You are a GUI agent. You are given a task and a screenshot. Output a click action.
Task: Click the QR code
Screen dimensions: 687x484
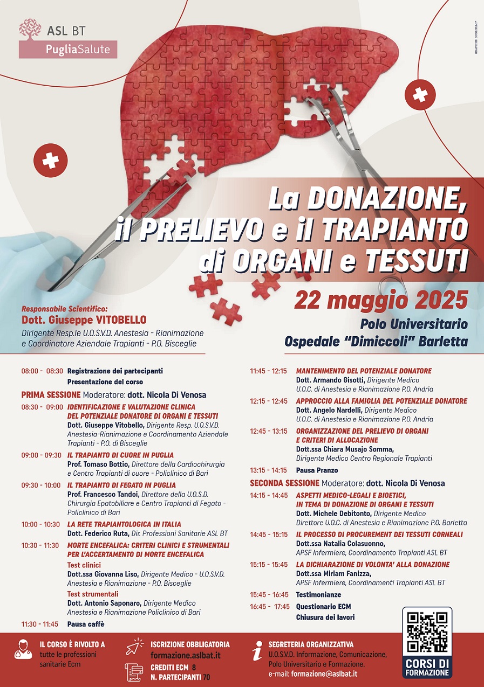[427, 632]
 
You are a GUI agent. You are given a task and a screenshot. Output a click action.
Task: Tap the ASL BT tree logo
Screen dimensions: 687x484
[30, 30]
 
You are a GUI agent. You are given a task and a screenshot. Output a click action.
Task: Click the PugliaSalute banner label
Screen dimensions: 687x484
[68, 50]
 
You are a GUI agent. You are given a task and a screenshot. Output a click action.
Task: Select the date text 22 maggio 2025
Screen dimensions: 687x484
[380, 300]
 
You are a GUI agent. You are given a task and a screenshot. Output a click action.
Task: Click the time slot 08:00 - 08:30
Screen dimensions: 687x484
[42, 371]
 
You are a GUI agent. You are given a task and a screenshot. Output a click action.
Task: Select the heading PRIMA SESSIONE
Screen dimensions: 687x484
[51, 394]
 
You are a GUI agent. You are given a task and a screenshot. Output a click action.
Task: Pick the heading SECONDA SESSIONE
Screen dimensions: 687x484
[284, 483]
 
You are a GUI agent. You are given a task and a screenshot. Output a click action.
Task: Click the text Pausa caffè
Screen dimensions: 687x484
[86, 624]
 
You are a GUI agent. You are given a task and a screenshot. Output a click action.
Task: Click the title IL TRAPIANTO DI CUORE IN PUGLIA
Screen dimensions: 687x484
[120, 455]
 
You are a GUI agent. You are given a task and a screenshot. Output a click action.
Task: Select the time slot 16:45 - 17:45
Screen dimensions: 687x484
[270, 607]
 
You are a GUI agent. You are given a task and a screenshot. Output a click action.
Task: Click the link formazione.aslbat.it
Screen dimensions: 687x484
[185, 656]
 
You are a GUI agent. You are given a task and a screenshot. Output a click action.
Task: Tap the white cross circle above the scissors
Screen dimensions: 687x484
[420, 95]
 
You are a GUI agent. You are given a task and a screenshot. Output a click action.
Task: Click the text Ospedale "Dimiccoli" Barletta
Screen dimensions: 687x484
[376, 342]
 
